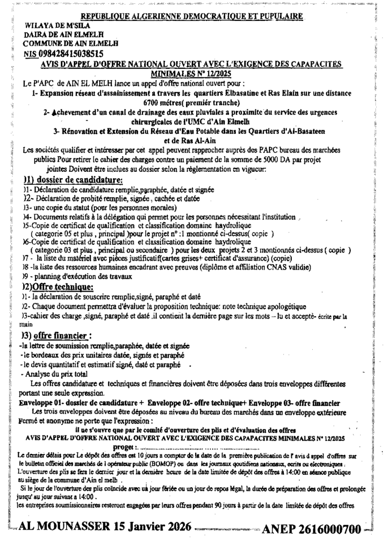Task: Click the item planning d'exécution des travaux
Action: click(x=77, y=276)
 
